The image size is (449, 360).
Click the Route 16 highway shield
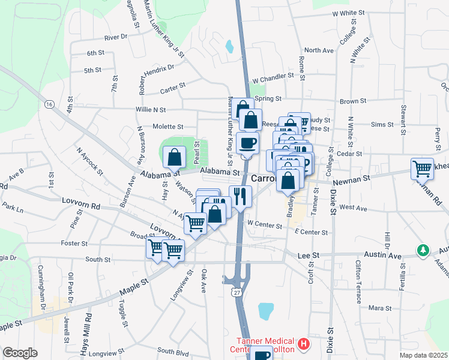(49, 104)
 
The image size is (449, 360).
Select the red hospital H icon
(304, 344)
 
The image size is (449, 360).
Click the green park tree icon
(424, 249)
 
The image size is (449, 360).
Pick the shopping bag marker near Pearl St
(173, 157)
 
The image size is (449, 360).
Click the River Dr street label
(116, 37)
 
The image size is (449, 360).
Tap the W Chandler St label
(273, 78)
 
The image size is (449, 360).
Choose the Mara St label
(379, 308)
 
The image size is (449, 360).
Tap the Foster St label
(74, 244)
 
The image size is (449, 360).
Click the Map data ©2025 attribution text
(423, 355)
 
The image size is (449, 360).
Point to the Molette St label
(167, 127)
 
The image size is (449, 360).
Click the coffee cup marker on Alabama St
(247, 143)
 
